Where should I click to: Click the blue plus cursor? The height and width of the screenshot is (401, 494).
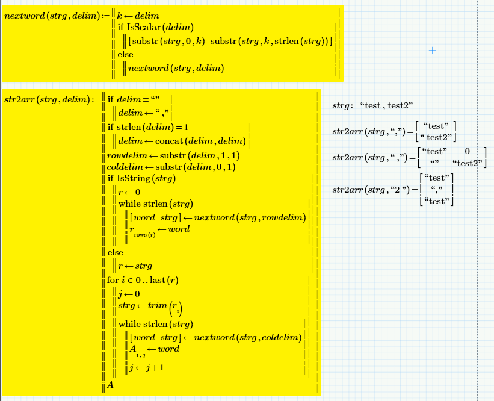pyautogui.click(x=433, y=51)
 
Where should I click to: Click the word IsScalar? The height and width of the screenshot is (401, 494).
pyautogui.click(x=144, y=28)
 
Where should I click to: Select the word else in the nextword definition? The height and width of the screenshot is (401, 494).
pyautogui.click(x=125, y=55)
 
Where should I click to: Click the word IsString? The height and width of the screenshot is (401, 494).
pyautogui.click(x=134, y=178)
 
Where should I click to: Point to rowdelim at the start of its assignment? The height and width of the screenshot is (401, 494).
pyautogui.click(x=127, y=156)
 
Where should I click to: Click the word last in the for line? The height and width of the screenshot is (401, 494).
pyautogui.click(x=158, y=280)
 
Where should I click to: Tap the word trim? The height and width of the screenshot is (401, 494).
pyautogui.click(x=158, y=305)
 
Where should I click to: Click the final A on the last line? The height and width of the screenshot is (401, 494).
pyautogui.click(x=110, y=385)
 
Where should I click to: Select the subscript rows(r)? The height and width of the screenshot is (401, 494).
pyautogui.click(x=144, y=235)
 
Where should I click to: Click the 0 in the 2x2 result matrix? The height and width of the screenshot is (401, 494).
pyautogui.click(x=467, y=151)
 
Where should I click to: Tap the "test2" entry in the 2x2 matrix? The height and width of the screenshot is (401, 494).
pyautogui.click(x=467, y=163)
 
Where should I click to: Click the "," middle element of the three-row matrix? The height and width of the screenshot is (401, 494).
pyautogui.click(x=437, y=190)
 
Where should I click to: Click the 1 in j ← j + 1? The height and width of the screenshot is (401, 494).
pyautogui.click(x=161, y=367)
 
